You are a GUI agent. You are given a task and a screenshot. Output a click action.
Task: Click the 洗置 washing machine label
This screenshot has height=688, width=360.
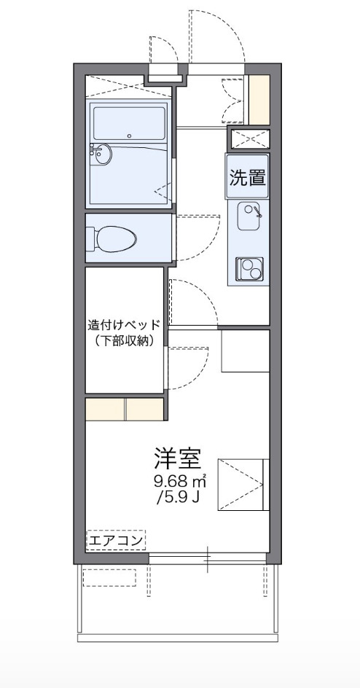tap(248, 177)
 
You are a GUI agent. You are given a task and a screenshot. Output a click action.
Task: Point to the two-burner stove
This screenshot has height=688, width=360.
tap(248, 269)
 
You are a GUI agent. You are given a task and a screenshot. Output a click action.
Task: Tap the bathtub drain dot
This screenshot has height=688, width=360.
tap(130, 135)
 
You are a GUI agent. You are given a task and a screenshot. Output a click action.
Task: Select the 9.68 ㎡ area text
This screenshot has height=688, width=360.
tap(179, 482)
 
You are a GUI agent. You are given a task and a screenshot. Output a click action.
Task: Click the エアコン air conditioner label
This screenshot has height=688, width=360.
tap(116, 540)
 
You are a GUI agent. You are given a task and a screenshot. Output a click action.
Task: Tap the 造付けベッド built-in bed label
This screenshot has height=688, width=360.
tap(124, 325)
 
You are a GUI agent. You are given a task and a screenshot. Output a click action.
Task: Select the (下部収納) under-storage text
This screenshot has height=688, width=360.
tap(124, 340)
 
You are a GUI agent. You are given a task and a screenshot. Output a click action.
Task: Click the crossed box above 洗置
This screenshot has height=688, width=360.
tap(249, 138)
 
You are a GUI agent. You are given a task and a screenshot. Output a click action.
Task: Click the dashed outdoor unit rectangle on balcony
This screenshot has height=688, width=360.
tap(110, 577)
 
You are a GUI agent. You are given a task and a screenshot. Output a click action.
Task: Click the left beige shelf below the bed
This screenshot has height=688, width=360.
tap(106, 410)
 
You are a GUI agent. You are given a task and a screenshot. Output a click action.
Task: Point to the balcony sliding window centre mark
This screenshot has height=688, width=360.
tap(208, 559)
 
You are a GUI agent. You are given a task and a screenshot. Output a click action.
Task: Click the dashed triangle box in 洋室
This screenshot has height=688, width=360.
tap(241, 483)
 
